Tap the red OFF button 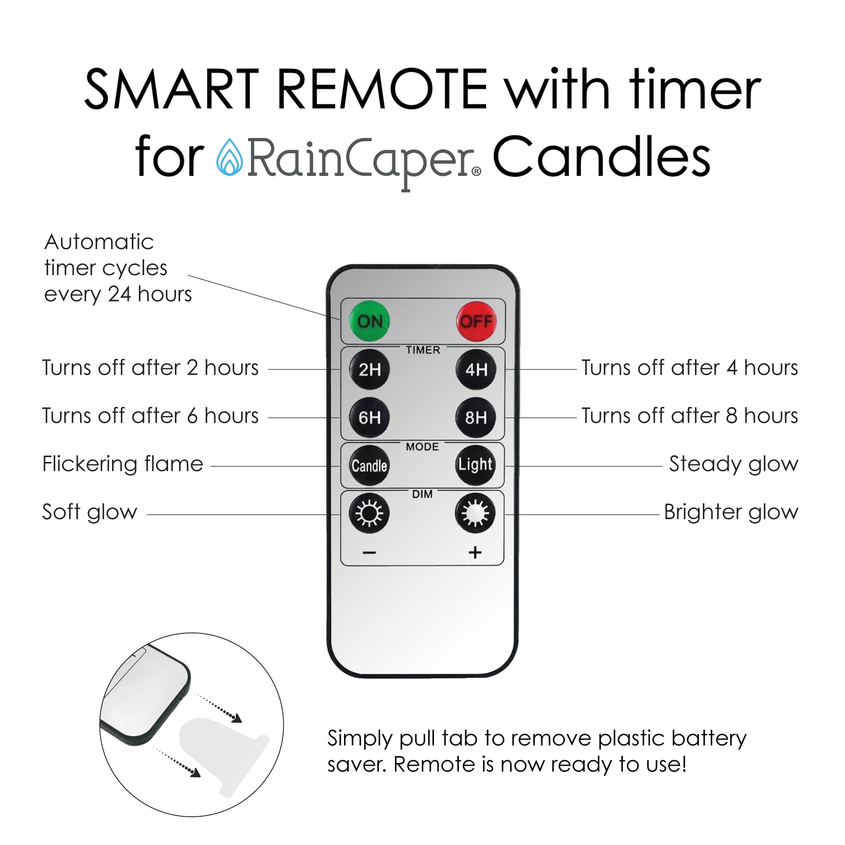[476, 321]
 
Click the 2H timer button [369, 369]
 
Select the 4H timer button [476, 369]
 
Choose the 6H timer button [369, 418]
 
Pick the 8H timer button [476, 418]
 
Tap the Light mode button [476, 465]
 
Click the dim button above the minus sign [369, 513]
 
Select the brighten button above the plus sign [476, 513]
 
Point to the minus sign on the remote [369, 553]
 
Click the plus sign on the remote [475, 552]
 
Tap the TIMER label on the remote [423, 350]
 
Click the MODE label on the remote [422, 447]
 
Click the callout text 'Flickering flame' [123, 464]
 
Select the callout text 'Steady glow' [734, 464]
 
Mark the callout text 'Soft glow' [90, 513]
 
